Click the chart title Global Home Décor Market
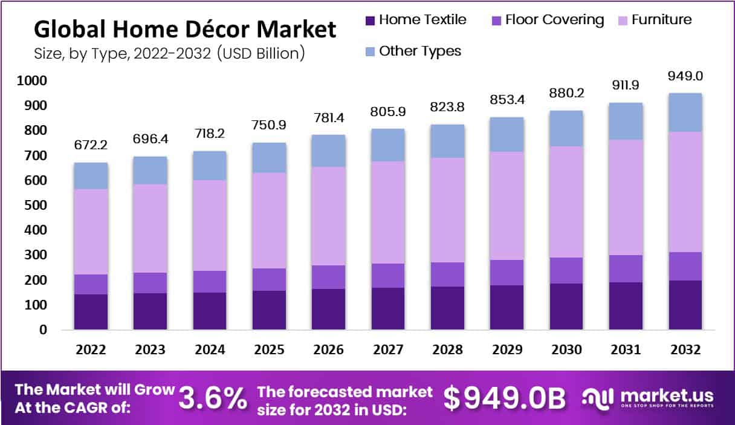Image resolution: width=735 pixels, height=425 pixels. coord(185,29)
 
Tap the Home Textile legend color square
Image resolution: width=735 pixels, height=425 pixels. coord(370,21)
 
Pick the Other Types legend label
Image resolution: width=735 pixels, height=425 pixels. coord(419,51)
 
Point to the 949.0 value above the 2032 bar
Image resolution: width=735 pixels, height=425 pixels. coord(684,77)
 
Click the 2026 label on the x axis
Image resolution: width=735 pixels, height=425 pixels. coord(328,350)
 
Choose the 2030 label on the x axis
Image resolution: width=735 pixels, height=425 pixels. coord(566,350)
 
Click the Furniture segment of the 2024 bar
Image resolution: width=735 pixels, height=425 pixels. coord(210,225)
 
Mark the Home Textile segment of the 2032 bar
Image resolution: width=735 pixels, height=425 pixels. coord(685,305)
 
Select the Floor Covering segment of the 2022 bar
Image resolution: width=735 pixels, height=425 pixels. coord(91,284)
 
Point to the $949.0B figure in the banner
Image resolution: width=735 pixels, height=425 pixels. coord(505,397)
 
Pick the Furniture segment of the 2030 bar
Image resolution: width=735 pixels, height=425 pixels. coord(566,202)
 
